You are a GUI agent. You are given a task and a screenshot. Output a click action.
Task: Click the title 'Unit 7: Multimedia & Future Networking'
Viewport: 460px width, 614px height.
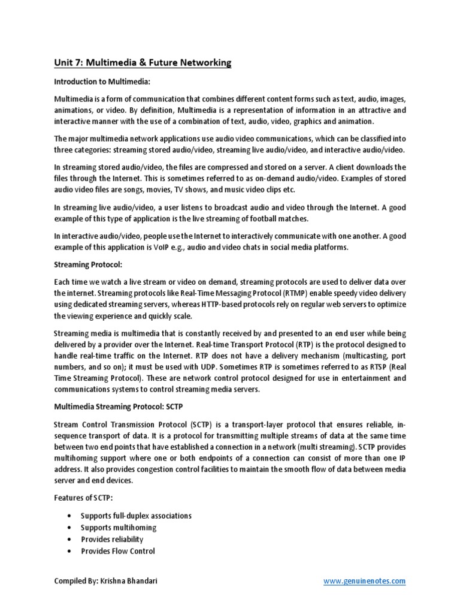click(143, 62)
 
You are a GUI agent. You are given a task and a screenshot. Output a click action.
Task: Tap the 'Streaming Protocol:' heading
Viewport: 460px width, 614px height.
click(87, 262)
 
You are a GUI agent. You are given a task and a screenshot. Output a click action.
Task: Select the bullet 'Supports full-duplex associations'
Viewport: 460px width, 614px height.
click(136, 516)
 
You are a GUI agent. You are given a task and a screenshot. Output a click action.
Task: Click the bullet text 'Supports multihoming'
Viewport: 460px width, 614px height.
click(119, 528)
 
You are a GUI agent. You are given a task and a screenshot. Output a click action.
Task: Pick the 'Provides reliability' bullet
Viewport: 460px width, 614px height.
click(112, 540)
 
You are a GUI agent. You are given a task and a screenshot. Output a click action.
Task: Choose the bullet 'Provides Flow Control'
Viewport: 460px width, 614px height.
click(118, 551)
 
